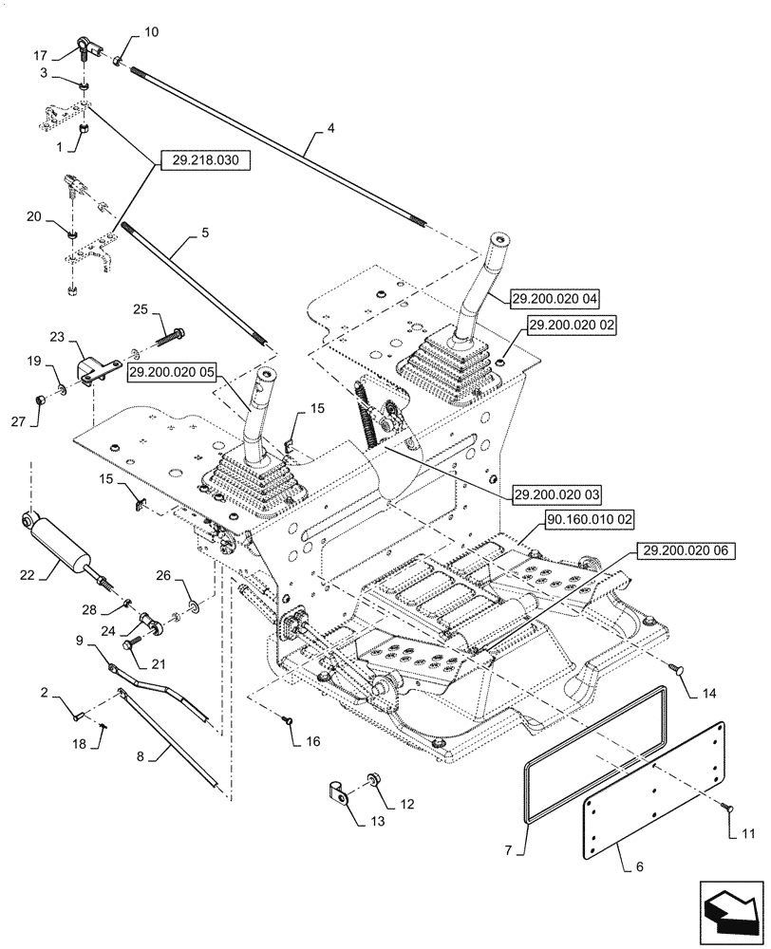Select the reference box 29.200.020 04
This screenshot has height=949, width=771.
(552, 297)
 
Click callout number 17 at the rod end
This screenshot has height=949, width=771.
(41, 55)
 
